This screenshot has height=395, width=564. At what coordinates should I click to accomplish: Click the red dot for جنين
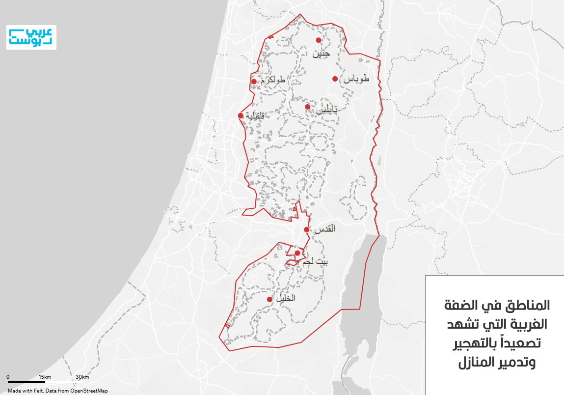318,40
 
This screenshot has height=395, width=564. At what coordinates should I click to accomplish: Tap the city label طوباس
356,79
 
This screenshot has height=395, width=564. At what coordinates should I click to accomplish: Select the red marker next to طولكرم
254,82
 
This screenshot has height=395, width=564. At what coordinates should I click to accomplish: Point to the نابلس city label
326,111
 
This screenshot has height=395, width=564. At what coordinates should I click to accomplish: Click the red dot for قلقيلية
241,116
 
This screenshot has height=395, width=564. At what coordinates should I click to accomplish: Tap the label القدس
324,228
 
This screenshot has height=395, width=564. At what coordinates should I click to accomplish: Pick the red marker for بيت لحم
297,253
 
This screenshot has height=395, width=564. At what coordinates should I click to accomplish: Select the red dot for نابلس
307,107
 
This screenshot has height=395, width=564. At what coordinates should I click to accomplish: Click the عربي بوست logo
31,37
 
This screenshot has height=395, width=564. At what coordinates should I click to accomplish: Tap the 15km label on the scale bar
45,377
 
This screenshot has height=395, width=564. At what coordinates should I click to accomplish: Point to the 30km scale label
82,377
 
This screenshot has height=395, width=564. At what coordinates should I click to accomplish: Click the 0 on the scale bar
8,377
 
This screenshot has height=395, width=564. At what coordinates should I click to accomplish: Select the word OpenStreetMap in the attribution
89,391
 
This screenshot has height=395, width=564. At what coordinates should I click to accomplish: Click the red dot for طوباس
335,79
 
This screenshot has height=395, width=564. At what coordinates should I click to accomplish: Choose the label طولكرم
273,79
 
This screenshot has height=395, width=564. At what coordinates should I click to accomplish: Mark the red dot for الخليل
269,299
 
